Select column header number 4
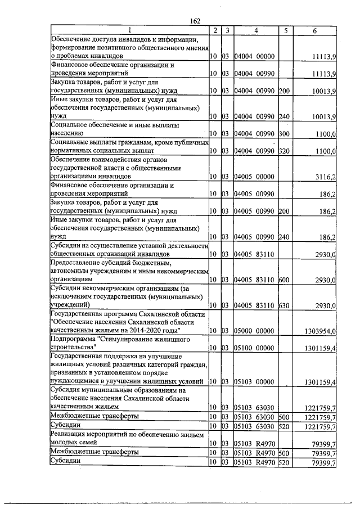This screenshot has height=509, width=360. click(255, 30)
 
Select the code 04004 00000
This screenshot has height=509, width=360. click(253, 57)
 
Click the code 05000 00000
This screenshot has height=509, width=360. click(253, 331)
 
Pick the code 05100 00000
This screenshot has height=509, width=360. click(253, 349)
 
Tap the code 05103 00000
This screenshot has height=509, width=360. click(253, 382)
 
